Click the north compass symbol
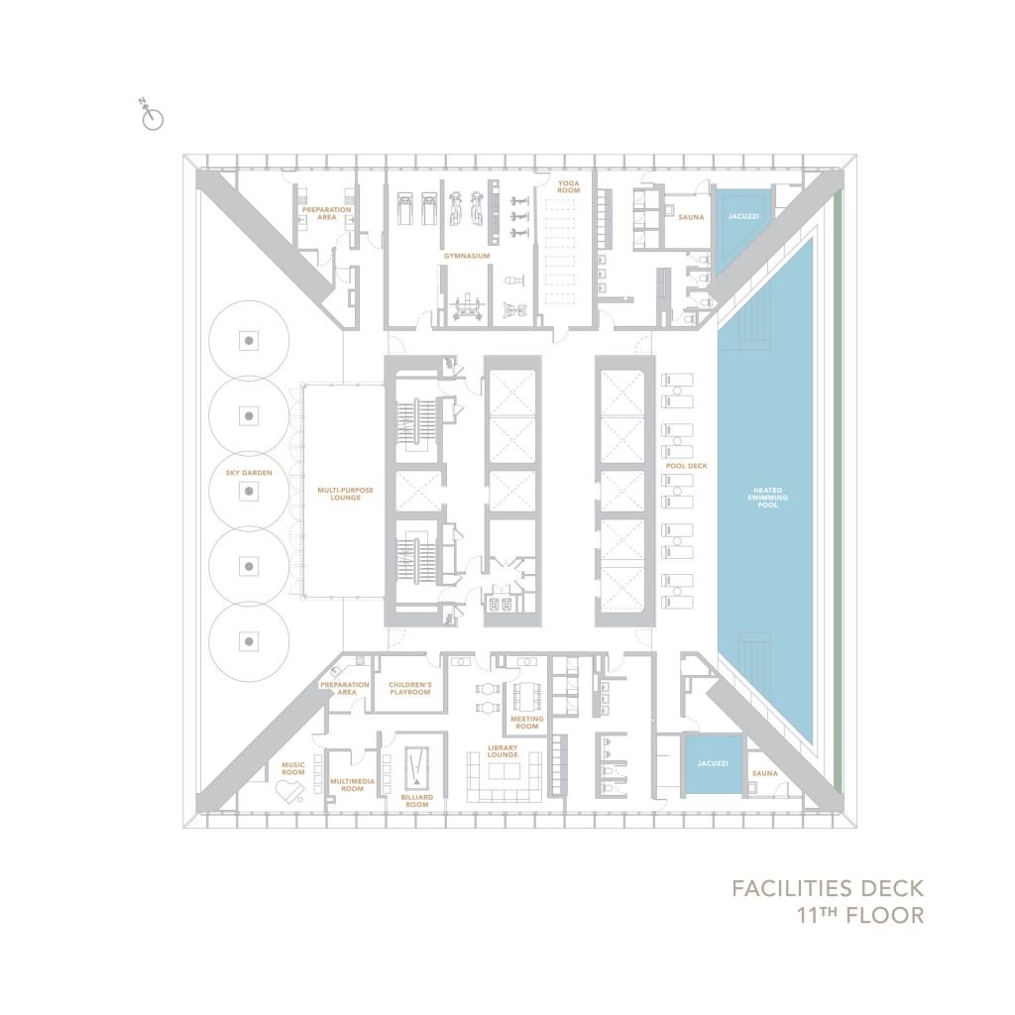(x=153, y=118)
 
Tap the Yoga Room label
(x=567, y=186)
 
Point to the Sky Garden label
(x=248, y=473)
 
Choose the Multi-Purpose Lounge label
(x=339, y=493)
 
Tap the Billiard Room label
(x=416, y=801)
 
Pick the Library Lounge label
(x=504, y=752)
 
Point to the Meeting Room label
(x=525, y=722)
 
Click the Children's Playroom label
(x=409, y=688)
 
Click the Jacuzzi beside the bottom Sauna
(x=713, y=763)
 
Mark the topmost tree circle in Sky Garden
(x=250, y=340)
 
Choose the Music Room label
(x=292, y=767)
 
